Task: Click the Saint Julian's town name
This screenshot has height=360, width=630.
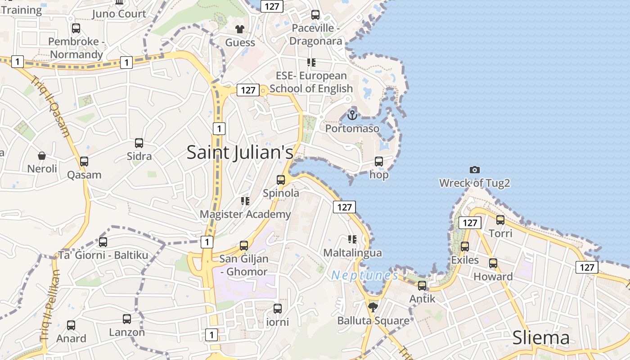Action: (x=240, y=152)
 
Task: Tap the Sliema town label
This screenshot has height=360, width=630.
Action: (x=541, y=338)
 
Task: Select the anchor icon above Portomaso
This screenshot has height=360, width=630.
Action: (x=352, y=115)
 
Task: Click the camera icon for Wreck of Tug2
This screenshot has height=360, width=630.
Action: (x=474, y=170)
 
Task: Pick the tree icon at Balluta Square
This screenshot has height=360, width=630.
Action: (x=373, y=307)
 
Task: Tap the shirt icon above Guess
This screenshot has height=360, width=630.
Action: (x=240, y=29)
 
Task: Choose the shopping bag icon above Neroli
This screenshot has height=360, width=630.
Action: (x=42, y=156)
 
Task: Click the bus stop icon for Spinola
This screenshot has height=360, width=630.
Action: (x=281, y=180)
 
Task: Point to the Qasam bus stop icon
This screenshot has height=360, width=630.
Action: (x=84, y=162)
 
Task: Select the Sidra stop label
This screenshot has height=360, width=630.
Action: (x=139, y=157)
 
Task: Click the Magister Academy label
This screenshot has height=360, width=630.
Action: (x=245, y=214)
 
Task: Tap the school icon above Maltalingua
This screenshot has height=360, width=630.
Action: (x=352, y=239)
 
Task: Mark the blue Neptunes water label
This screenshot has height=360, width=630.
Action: (x=364, y=275)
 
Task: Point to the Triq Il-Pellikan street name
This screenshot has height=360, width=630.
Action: (x=50, y=304)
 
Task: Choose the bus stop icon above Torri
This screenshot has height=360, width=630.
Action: (x=500, y=220)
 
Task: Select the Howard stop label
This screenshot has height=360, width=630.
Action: (x=493, y=276)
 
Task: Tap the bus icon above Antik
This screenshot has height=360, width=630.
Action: (x=422, y=285)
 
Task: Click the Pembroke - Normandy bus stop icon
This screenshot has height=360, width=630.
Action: (x=76, y=28)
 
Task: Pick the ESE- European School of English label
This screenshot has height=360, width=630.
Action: (x=311, y=82)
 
